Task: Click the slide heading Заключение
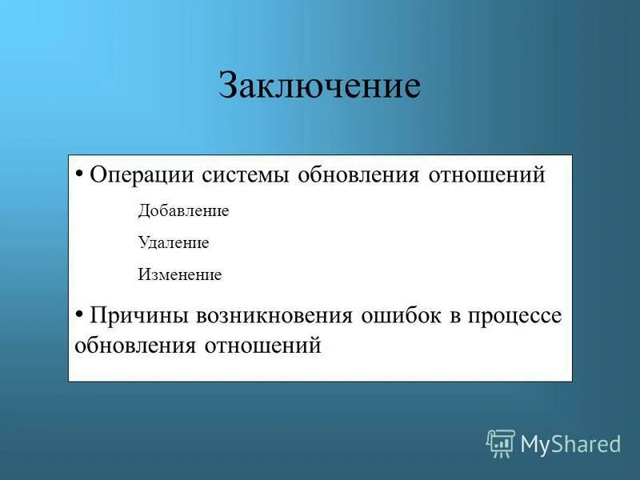coord(319,86)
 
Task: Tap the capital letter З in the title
coord(228,86)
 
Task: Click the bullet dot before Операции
coord(79,173)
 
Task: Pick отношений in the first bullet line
coord(486,175)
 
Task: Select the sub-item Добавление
coord(183,211)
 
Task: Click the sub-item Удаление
coord(174,242)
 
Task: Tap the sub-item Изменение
coord(179,274)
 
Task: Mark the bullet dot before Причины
coord(79,313)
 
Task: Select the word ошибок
coord(400,315)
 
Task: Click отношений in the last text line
coord(262,346)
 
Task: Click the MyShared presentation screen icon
coord(501,442)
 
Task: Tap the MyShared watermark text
coord(570,443)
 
